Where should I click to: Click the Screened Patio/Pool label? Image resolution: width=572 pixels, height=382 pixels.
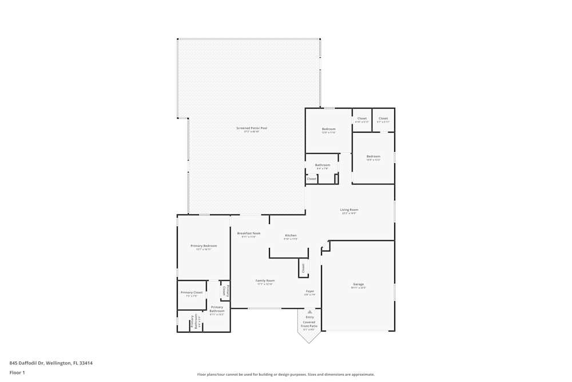click(x=252, y=128)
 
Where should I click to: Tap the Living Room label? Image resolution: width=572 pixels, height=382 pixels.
click(x=349, y=210)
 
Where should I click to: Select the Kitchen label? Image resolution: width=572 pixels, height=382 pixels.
click(x=291, y=235)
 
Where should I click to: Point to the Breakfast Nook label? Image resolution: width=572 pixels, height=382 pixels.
click(x=249, y=233)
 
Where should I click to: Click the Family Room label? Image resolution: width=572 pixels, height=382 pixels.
click(x=265, y=281)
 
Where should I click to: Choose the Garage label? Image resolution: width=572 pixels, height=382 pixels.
click(x=358, y=284)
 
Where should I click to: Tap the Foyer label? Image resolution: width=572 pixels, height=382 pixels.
click(x=309, y=291)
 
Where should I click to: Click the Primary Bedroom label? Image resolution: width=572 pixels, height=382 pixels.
click(x=204, y=246)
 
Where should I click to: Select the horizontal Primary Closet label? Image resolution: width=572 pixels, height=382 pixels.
click(x=192, y=292)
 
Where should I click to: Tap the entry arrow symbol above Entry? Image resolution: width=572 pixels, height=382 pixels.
click(x=309, y=312)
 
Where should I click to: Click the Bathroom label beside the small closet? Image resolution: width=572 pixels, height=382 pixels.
click(x=323, y=165)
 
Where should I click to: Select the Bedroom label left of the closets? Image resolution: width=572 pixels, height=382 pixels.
click(x=328, y=129)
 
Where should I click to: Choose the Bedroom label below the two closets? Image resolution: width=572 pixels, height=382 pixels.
click(x=373, y=156)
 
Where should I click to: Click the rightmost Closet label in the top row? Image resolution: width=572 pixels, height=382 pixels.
click(x=383, y=119)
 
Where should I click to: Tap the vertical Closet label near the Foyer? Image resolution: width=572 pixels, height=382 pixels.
click(x=303, y=267)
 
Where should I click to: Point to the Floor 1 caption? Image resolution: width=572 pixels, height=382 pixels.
click(x=17, y=372)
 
